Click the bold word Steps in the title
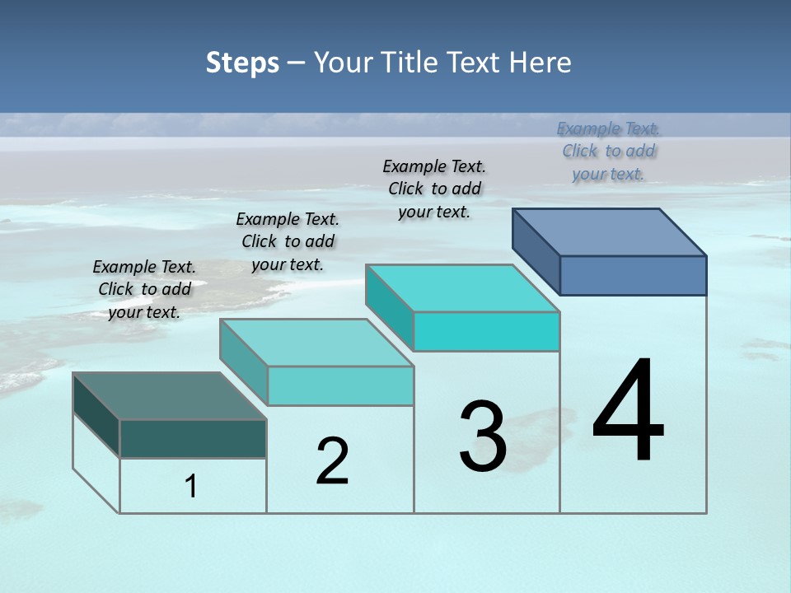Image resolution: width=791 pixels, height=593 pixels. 242,63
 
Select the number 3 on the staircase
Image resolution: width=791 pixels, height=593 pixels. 483,437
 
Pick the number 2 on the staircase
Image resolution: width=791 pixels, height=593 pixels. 332,461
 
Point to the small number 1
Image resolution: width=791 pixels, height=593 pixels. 191,486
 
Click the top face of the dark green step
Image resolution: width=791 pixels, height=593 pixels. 169,396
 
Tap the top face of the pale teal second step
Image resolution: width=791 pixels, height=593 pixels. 316,343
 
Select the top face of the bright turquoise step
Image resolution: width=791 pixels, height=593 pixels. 462,288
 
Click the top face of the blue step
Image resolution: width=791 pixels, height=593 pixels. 610,232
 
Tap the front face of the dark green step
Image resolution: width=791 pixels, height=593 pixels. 193,438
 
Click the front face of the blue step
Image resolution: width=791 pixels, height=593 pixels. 633,275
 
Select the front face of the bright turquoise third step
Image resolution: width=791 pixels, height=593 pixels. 486,331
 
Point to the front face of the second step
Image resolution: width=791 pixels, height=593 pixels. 340,385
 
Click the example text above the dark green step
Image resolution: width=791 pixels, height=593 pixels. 144,289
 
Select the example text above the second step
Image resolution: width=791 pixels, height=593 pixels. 288,241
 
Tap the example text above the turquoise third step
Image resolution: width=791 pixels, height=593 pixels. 434,189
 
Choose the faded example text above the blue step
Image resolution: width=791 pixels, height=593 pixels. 608,151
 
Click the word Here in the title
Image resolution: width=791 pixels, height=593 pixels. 541,63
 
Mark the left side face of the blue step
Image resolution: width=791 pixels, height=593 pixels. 536,251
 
